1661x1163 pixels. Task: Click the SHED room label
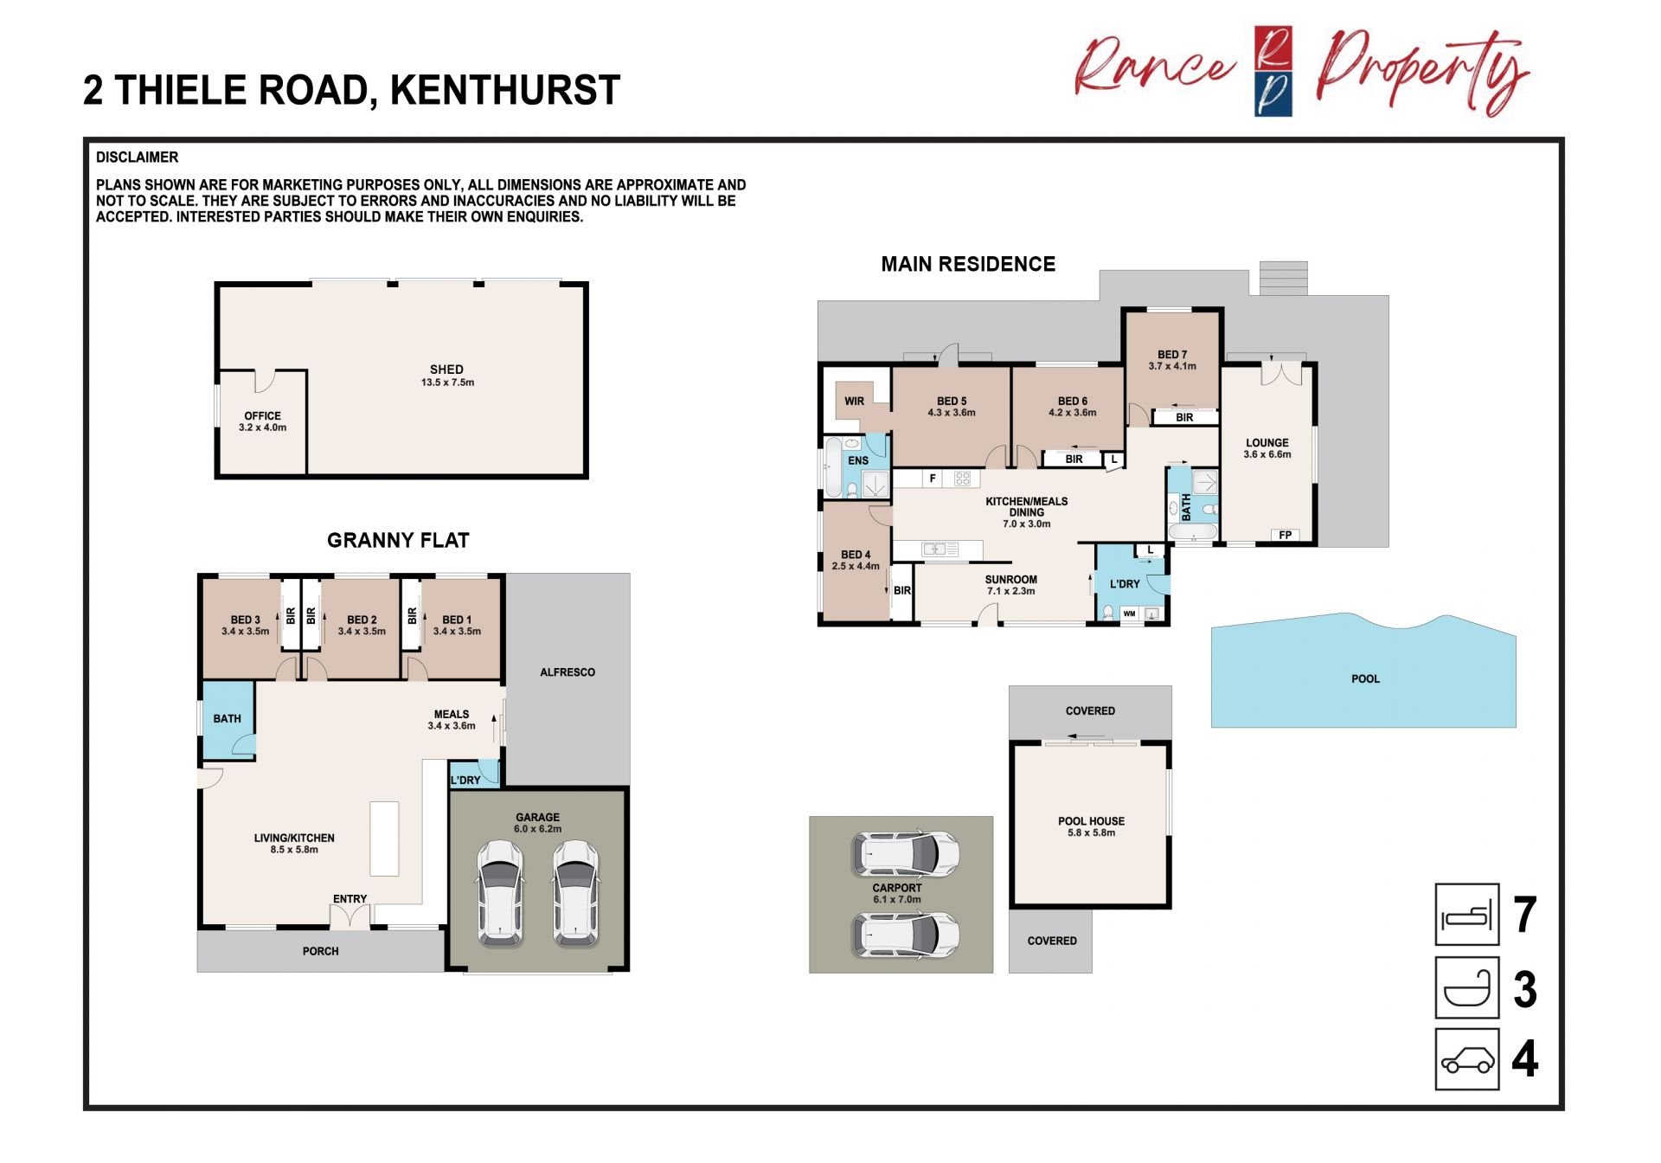click(x=446, y=369)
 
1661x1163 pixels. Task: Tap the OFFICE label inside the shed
click(x=262, y=416)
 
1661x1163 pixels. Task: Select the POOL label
click(x=1365, y=679)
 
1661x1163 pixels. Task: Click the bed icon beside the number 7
click(x=1466, y=915)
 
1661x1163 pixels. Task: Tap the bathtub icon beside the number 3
click(x=1466, y=987)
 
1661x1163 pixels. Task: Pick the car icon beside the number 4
click(x=1466, y=1059)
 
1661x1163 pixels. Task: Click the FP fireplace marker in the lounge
click(x=1285, y=536)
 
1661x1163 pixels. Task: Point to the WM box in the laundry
click(x=1129, y=614)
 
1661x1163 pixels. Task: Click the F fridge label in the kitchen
click(x=933, y=479)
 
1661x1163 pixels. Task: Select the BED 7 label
click(x=1172, y=355)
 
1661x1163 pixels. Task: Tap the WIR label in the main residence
click(x=854, y=402)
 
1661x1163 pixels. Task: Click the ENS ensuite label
click(x=857, y=461)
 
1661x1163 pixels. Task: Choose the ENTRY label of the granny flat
click(x=350, y=899)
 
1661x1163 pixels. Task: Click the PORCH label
click(x=320, y=951)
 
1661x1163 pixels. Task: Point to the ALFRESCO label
click(x=568, y=672)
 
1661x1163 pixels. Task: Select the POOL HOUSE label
click(x=1091, y=821)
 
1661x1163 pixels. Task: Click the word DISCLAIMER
click(x=137, y=157)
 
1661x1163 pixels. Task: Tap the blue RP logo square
click(x=1273, y=72)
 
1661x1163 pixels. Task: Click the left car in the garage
click(x=500, y=893)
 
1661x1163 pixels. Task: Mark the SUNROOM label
click(x=1010, y=580)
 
